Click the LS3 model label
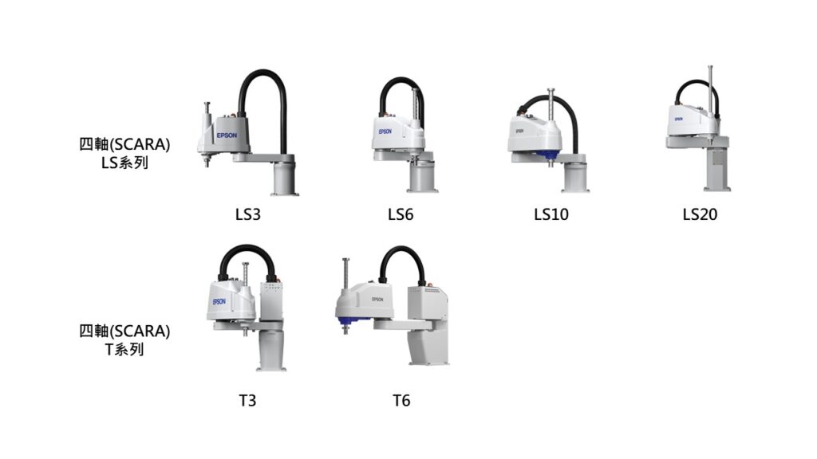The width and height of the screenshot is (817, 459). coord(247,214)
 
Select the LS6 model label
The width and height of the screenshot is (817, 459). coord(401,214)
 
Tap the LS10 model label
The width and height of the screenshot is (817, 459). coord(551,214)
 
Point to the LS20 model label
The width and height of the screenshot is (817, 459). coord(700,214)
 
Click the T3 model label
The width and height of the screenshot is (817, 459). coord(247,401)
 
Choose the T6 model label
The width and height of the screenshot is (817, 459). coord(401,401)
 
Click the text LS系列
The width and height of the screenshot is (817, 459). coord(124,163)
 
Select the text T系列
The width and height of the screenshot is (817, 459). coord(124,349)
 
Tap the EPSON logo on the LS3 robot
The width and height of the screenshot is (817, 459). coord(227,135)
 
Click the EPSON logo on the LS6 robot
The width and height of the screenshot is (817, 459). coord(385,131)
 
